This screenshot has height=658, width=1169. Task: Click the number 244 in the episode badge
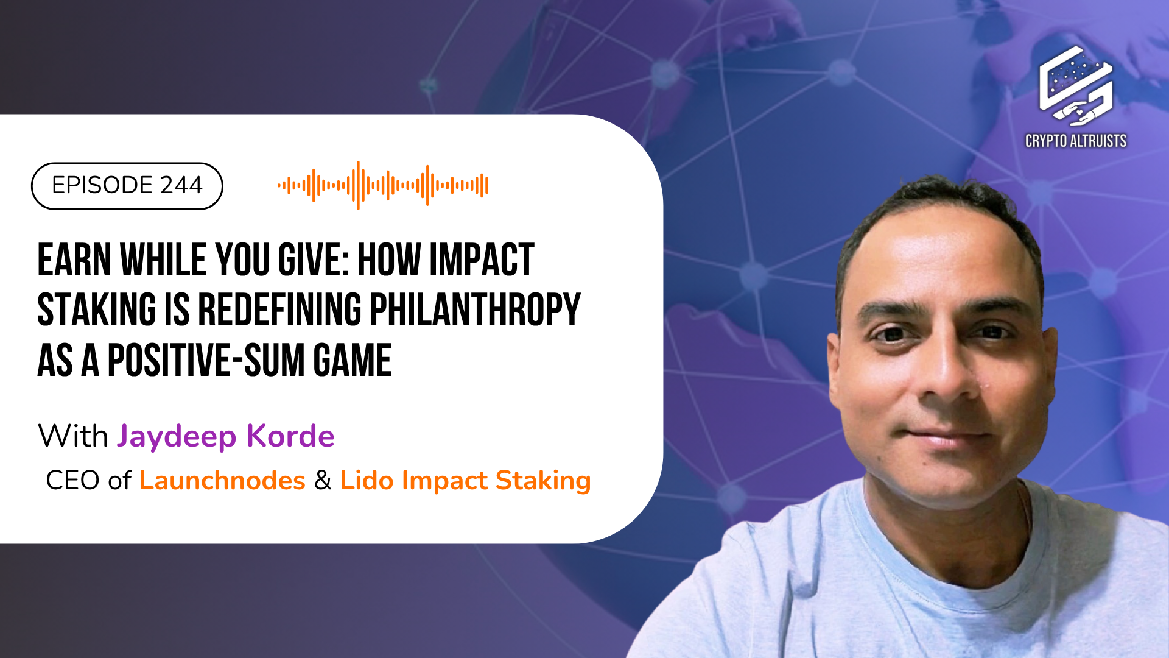click(181, 185)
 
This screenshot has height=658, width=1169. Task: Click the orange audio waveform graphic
click(383, 185)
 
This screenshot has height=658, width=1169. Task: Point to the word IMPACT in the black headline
click(482, 260)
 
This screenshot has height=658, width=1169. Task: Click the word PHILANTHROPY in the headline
click(475, 310)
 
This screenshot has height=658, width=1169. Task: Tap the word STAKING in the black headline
click(97, 310)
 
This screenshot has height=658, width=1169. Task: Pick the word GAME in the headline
click(353, 361)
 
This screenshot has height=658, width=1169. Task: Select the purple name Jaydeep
click(177, 437)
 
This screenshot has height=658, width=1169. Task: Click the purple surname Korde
click(290, 436)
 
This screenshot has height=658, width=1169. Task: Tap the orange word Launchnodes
click(222, 481)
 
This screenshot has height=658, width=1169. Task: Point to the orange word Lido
click(367, 481)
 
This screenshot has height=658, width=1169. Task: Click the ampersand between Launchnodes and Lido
click(323, 481)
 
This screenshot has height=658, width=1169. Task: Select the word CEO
click(72, 481)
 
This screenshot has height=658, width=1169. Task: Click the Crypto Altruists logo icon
click(1076, 85)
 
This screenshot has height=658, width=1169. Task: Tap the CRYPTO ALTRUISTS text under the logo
click(1076, 141)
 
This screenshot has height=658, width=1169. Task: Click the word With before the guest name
click(73, 437)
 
